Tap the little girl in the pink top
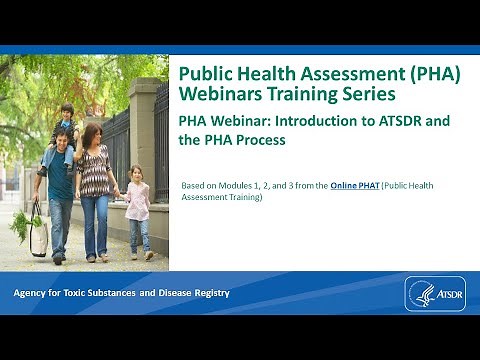coord(137,210)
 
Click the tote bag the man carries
coord(37,234)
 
